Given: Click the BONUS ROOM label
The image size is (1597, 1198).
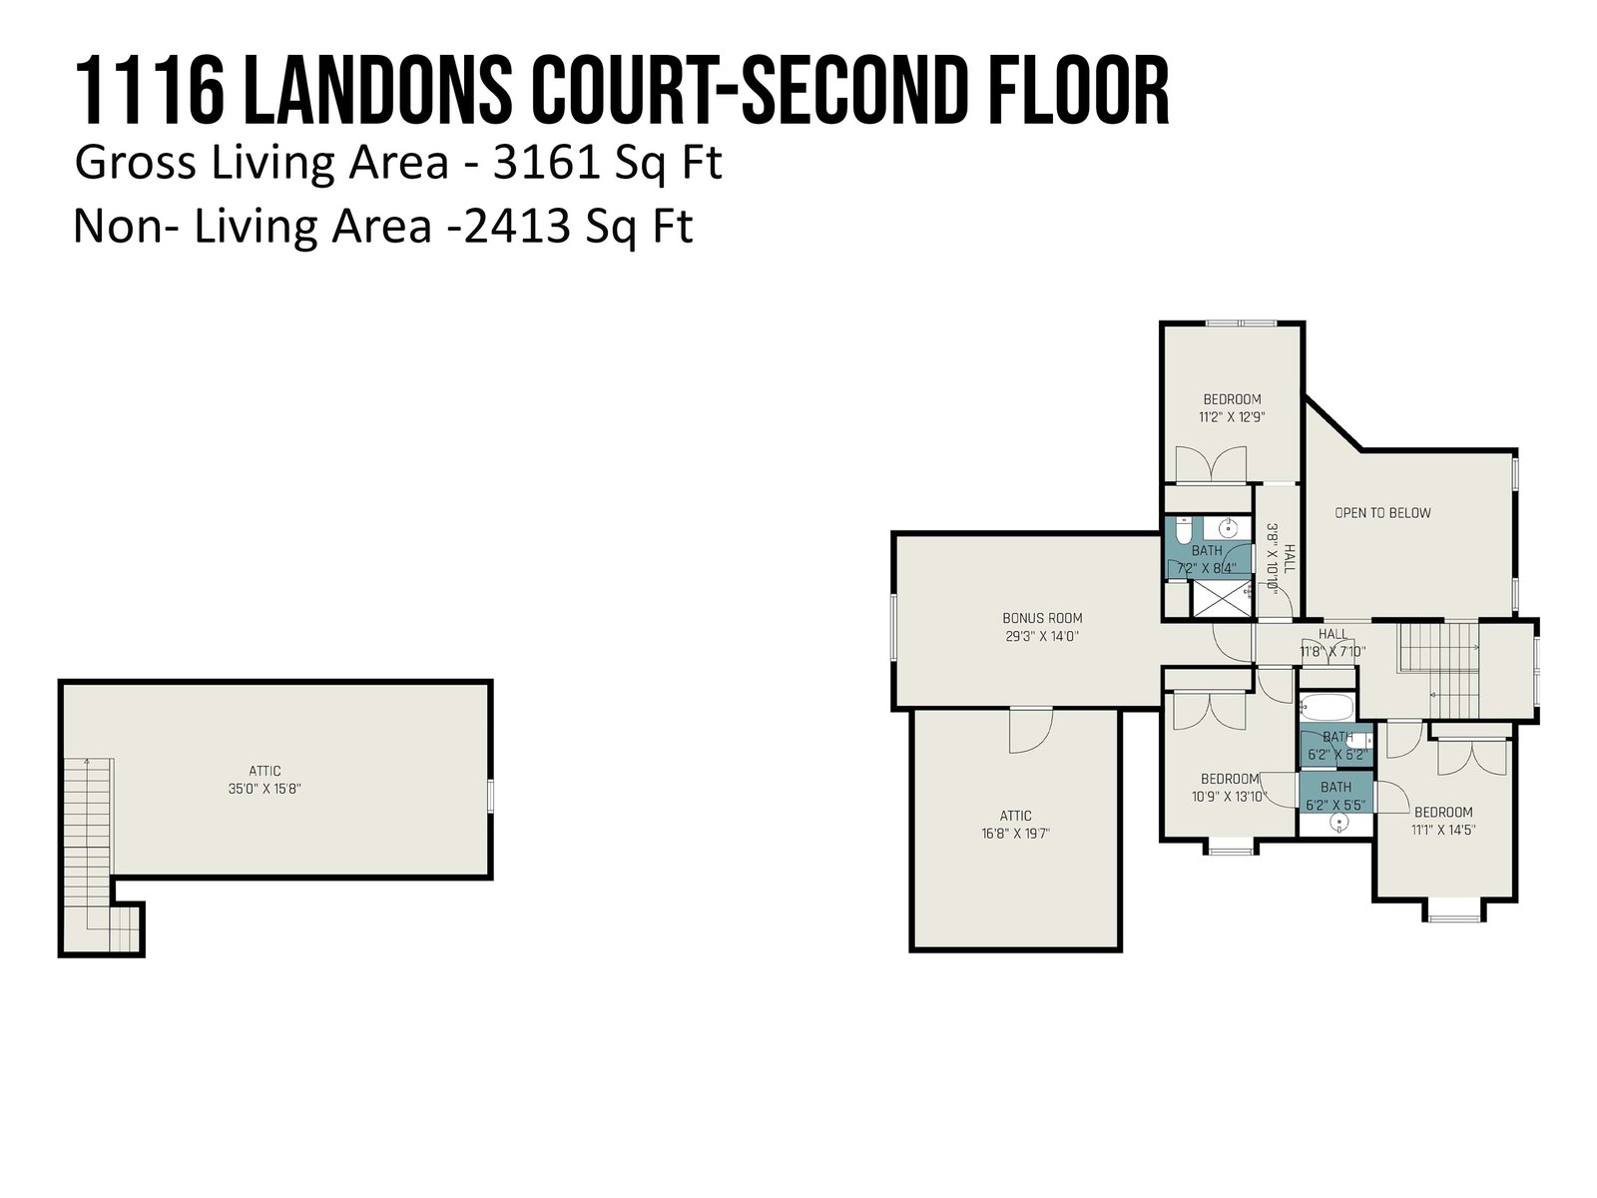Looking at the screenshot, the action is tap(1042, 618).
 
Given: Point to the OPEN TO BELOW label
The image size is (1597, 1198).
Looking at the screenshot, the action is tap(1382, 513).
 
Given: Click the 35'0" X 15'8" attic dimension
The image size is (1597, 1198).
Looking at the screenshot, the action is tap(265, 789).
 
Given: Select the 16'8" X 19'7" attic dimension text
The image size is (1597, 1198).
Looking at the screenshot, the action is tap(1015, 834).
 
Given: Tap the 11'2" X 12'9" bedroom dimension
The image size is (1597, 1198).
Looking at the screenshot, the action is tap(1232, 416).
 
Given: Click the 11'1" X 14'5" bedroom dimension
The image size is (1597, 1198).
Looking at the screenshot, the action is tap(1442, 830).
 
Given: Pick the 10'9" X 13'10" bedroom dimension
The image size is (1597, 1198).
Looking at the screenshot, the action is tap(1229, 797).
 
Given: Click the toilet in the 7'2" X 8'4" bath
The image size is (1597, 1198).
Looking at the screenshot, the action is tap(1183, 530).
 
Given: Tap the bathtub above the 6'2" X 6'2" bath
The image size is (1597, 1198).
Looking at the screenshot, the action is tap(1327, 707).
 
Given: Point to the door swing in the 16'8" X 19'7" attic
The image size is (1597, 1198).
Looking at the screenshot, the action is tap(1030, 731).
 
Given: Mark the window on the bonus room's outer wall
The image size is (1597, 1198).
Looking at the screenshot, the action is tap(894, 627).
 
